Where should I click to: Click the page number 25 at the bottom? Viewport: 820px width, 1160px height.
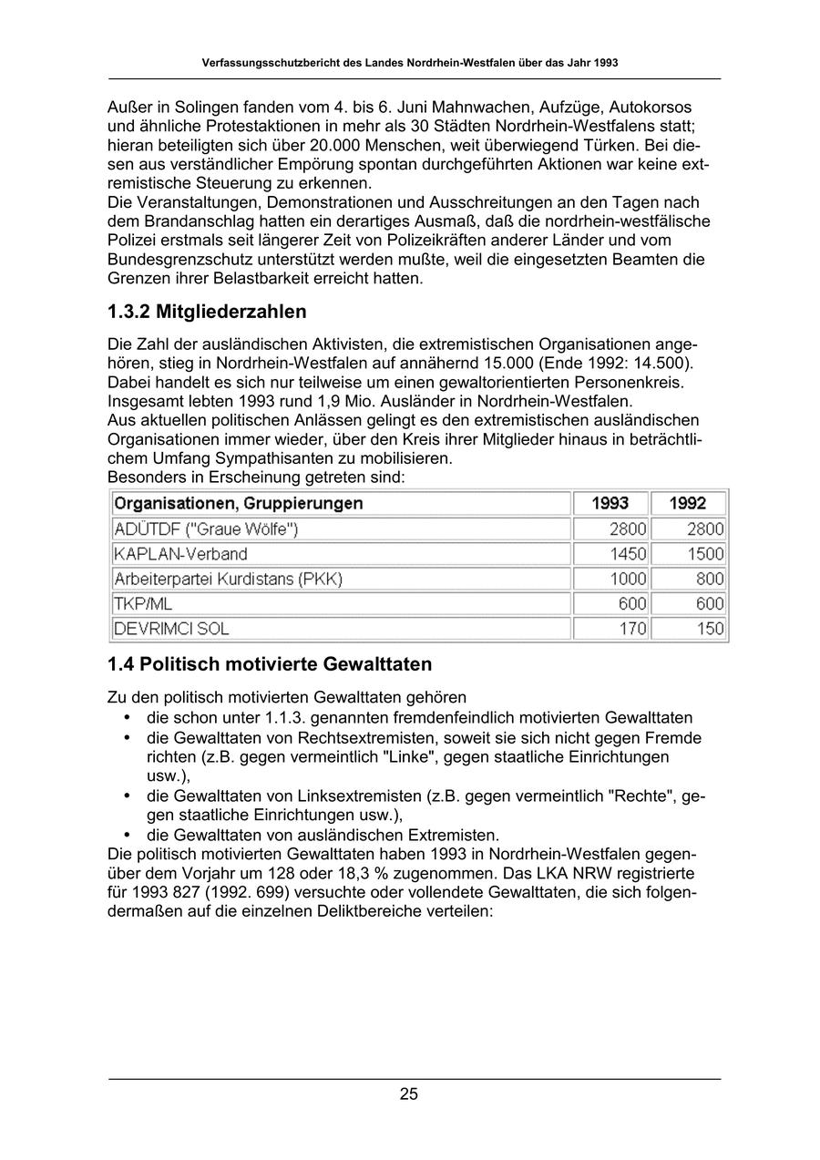(x=408, y=1094)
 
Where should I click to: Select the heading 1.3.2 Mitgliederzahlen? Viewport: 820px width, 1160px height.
(x=207, y=312)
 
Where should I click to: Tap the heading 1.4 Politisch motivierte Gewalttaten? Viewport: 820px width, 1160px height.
(x=270, y=663)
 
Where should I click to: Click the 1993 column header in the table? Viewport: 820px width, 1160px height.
(x=610, y=503)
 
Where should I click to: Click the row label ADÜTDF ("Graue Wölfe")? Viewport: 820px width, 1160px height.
(x=206, y=529)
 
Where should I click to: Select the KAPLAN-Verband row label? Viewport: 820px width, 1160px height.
(x=180, y=553)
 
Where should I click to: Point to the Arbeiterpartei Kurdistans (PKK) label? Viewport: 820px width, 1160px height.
(x=228, y=579)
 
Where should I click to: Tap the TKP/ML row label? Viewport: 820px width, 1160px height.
(x=143, y=603)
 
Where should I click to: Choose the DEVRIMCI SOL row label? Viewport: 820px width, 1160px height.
(x=171, y=629)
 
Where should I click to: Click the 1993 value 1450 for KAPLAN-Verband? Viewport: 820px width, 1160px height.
(x=629, y=553)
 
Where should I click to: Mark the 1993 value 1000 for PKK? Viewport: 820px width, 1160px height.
(x=629, y=579)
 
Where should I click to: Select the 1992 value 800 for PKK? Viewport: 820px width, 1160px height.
(x=711, y=579)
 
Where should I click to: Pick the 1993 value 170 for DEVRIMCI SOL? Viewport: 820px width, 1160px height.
(x=633, y=629)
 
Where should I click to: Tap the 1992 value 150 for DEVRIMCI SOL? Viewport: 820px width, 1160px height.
(x=711, y=629)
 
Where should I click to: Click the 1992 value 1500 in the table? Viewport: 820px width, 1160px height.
(x=706, y=553)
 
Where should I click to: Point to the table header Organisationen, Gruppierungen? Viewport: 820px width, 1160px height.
(x=238, y=503)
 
